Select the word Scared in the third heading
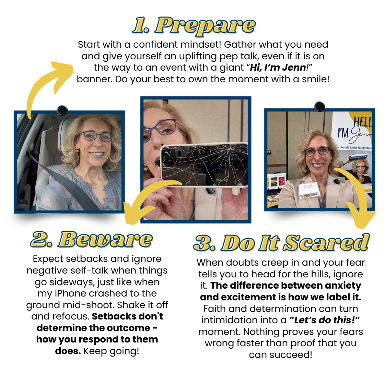[x=326, y=243]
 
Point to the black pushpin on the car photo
[x=62, y=110]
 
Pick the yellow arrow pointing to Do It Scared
[x=357, y=192]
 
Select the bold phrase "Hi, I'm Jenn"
[x=278, y=68]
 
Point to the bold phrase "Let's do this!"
[x=325, y=320]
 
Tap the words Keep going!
[x=111, y=351]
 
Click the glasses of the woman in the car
[x=96, y=137]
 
